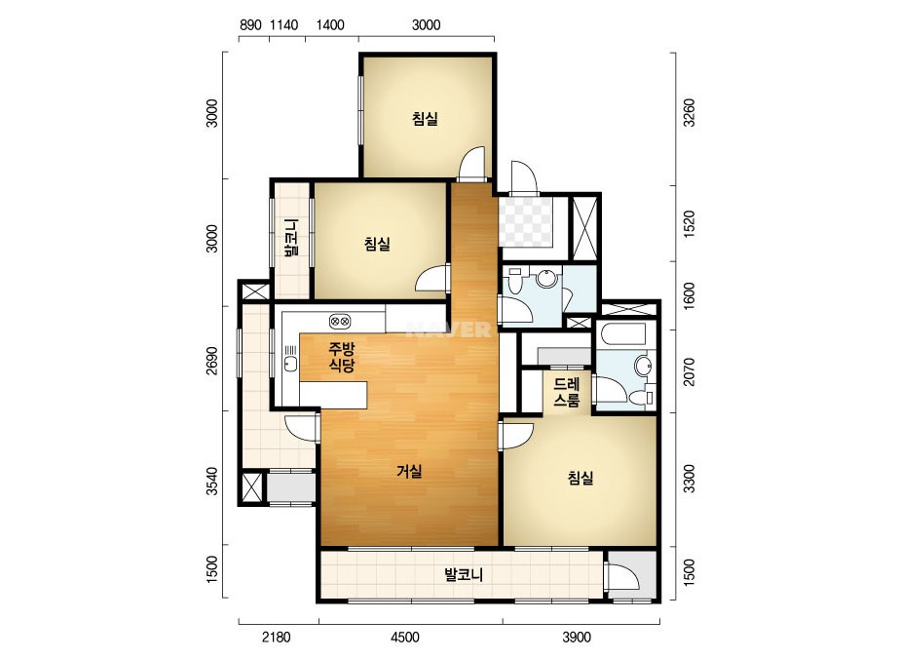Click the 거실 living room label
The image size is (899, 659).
tap(409, 471)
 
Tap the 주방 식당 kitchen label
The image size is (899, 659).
tap(342, 357)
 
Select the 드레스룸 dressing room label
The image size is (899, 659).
tap(567, 392)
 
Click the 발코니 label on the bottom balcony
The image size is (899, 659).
tap(464, 574)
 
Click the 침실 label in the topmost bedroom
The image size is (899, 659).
tap(425, 119)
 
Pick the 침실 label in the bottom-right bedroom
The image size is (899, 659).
tap(581, 478)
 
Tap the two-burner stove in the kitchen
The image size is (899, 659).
tap(340, 321)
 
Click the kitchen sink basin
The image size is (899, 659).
tap(290, 363)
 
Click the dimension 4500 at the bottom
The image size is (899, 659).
tap(405, 638)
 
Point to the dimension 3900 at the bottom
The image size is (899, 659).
tap(577, 638)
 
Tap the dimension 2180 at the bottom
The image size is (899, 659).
tap(277, 638)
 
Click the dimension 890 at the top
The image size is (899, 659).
tap(250, 24)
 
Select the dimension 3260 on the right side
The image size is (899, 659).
tap(689, 113)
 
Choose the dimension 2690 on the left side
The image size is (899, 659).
tap(212, 361)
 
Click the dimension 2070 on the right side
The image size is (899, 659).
tap(689, 371)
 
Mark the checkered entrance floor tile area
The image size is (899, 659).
tap(525, 222)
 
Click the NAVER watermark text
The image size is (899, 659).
tap(448, 329)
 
